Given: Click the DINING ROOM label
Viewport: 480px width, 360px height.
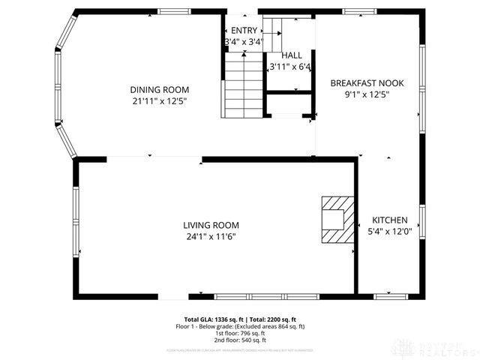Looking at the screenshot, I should (x=160, y=89).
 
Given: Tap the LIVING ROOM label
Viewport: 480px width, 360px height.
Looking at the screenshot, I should (x=211, y=225).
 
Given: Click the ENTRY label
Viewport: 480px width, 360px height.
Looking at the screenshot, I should (x=244, y=30).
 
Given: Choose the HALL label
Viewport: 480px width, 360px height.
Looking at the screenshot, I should (x=292, y=55).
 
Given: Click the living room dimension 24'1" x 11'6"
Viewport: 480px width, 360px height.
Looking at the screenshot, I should (x=211, y=237).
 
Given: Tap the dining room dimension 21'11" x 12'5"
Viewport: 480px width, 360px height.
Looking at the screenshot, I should (x=160, y=100).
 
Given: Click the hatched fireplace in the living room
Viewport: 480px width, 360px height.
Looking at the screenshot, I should (x=334, y=220).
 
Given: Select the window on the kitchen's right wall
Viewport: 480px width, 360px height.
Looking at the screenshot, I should (x=421, y=222).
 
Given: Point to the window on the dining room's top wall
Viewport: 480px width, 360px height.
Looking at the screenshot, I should (x=173, y=11).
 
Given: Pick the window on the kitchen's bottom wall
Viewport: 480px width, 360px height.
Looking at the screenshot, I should (x=390, y=295).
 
